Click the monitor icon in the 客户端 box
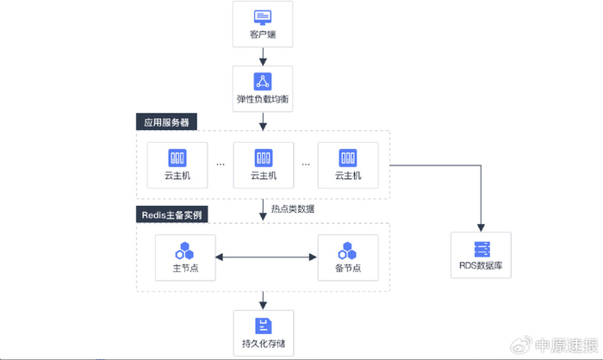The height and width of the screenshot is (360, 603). pyautogui.click(x=263, y=17)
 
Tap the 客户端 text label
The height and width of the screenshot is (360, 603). pyautogui.click(x=263, y=36)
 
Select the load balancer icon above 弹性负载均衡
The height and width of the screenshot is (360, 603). pyautogui.click(x=263, y=81)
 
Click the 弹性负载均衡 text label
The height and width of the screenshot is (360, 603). pyautogui.click(x=263, y=100)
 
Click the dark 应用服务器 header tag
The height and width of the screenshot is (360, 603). pyautogui.click(x=166, y=122)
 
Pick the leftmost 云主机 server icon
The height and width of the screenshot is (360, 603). pyautogui.click(x=177, y=158)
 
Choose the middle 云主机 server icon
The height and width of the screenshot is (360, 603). pyautogui.click(x=263, y=158)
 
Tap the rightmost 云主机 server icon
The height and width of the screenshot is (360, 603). pyautogui.click(x=348, y=158)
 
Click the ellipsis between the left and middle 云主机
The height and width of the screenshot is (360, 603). pyautogui.click(x=221, y=164)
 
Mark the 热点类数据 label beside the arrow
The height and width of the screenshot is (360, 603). pyautogui.click(x=293, y=208)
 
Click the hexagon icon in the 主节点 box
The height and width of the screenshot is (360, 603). pyautogui.click(x=184, y=251)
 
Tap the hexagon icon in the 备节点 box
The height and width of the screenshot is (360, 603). pyautogui.click(x=348, y=251)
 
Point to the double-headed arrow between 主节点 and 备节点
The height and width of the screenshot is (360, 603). pyautogui.click(x=266, y=257)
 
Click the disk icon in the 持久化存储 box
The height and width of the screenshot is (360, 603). pyautogui.click(x=263, y=326)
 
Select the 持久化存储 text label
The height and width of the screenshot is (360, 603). pyautogui.click(x=263, y=344)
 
